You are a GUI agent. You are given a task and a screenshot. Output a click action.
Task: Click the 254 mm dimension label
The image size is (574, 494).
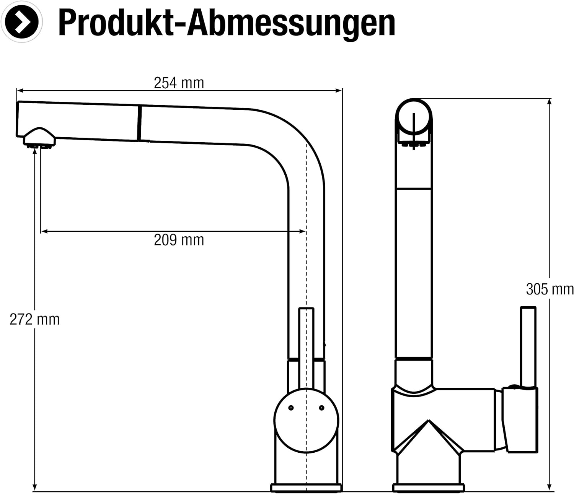[x=179, y=83]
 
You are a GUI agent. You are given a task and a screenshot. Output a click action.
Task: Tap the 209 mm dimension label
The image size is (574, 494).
[x=179, y=240]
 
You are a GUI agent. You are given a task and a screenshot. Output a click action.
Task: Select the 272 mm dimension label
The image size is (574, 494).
[x=34, y=319]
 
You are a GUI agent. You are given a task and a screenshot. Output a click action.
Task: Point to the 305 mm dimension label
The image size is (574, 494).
[x=550, y=289]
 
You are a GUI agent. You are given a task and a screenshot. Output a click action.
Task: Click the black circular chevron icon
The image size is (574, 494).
[x=22, y=22]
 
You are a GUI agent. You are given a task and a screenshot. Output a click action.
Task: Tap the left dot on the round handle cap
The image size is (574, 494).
[x=291, y=408]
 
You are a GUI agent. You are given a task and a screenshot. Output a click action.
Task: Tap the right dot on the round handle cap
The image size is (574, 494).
[x=321, y=408]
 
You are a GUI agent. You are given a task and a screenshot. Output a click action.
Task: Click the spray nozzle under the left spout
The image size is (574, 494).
[x=39, y=138]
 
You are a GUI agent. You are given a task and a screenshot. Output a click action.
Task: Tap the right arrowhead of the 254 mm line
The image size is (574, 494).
[x=339, y=91]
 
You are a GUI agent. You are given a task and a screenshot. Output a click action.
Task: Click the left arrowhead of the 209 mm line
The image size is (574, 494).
[x=44, y=231]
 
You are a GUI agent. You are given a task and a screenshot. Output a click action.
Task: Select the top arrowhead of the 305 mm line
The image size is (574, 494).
[x=549, y=102]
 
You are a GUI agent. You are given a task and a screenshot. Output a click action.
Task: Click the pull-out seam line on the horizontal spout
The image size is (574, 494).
[x=139, y=123]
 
